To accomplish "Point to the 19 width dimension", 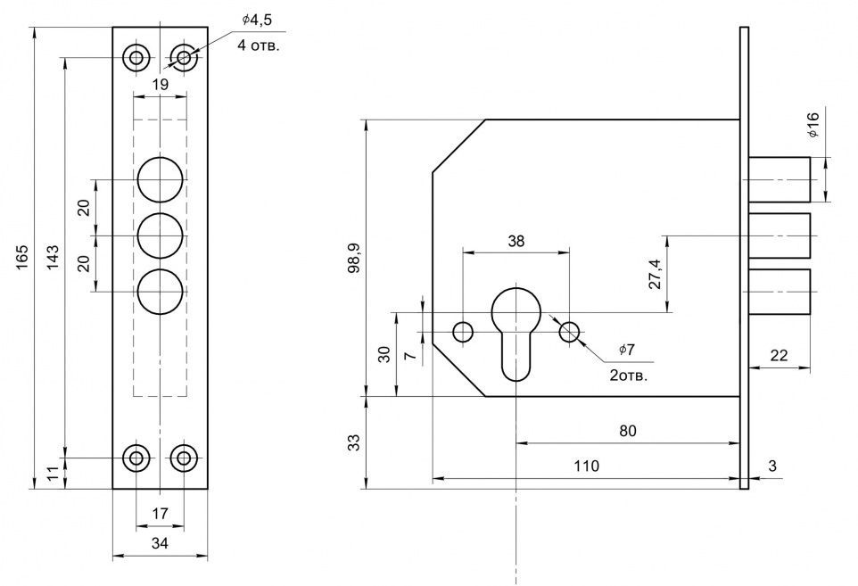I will [161, 85].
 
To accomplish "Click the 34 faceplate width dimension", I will [161, 542].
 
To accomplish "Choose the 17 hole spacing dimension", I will [161, 514].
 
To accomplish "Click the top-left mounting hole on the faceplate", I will [136, 59].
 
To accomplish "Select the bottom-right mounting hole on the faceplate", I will [185, 458].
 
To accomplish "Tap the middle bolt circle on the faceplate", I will [161, 236].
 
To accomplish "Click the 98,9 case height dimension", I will [354, 258].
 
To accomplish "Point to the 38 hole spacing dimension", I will [516, 241].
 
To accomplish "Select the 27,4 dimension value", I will [656, 275].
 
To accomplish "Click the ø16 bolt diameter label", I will [813, 125].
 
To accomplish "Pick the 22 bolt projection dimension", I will [779, 355].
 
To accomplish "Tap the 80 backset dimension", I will [628, 431].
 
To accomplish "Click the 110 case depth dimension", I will [586, 466].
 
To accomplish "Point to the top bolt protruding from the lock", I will [779, 178].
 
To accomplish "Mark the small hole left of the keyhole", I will [463, 333].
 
